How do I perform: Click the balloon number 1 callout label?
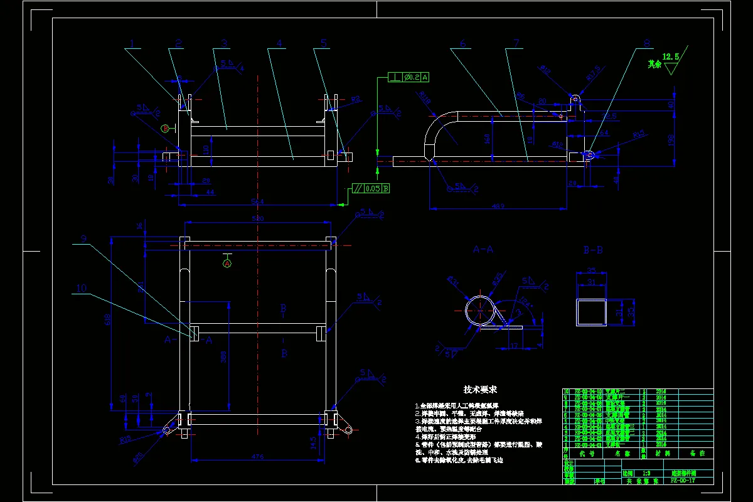(132, 43)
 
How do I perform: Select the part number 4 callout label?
(279, 43)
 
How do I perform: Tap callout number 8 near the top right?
(647, 44)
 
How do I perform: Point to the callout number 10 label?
(82, 288)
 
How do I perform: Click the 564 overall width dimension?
(257, 201)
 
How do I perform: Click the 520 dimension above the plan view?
(257, 218)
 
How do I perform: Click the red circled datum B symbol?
(165, 128)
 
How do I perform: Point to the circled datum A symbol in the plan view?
(227, 264)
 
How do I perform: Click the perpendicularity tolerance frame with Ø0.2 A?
(409, 77)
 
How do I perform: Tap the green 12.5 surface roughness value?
(671, 57)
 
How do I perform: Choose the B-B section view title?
(593, 249)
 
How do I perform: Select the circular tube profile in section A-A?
(479, 310)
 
